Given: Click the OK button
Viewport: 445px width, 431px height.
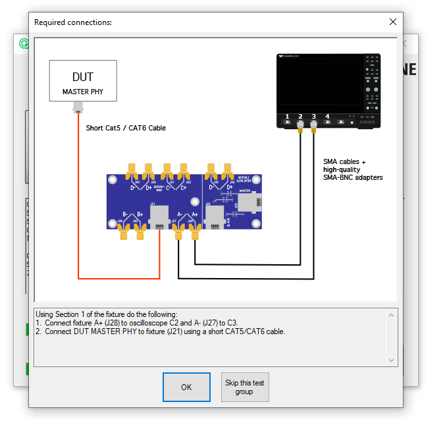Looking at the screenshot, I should click(x=186, y=387).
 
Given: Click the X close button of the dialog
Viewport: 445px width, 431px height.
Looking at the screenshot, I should click(x=393, y=22).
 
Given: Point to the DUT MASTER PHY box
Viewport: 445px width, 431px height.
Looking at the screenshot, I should click(x=83, y=81).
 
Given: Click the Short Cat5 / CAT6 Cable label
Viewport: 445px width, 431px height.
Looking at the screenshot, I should click(x=126, y=128).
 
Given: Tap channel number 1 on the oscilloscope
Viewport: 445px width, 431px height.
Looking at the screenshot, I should click(x=287, y=117).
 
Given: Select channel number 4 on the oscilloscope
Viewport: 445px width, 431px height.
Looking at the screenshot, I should click(x=327, y=117).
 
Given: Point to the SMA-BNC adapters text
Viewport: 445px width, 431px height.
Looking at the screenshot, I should click(x=353, y=177).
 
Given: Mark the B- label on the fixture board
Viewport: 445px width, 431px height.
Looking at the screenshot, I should click(x=125, y=214).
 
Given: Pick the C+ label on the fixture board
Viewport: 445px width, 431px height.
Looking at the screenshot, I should click(x=184, y=188).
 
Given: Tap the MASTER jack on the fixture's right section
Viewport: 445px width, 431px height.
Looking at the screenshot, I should click(x=247, y=202).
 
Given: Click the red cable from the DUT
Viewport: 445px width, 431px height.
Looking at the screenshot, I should click(x=79, y=198).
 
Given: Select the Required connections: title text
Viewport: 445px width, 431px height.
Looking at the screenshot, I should click(x=73, y=22).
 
